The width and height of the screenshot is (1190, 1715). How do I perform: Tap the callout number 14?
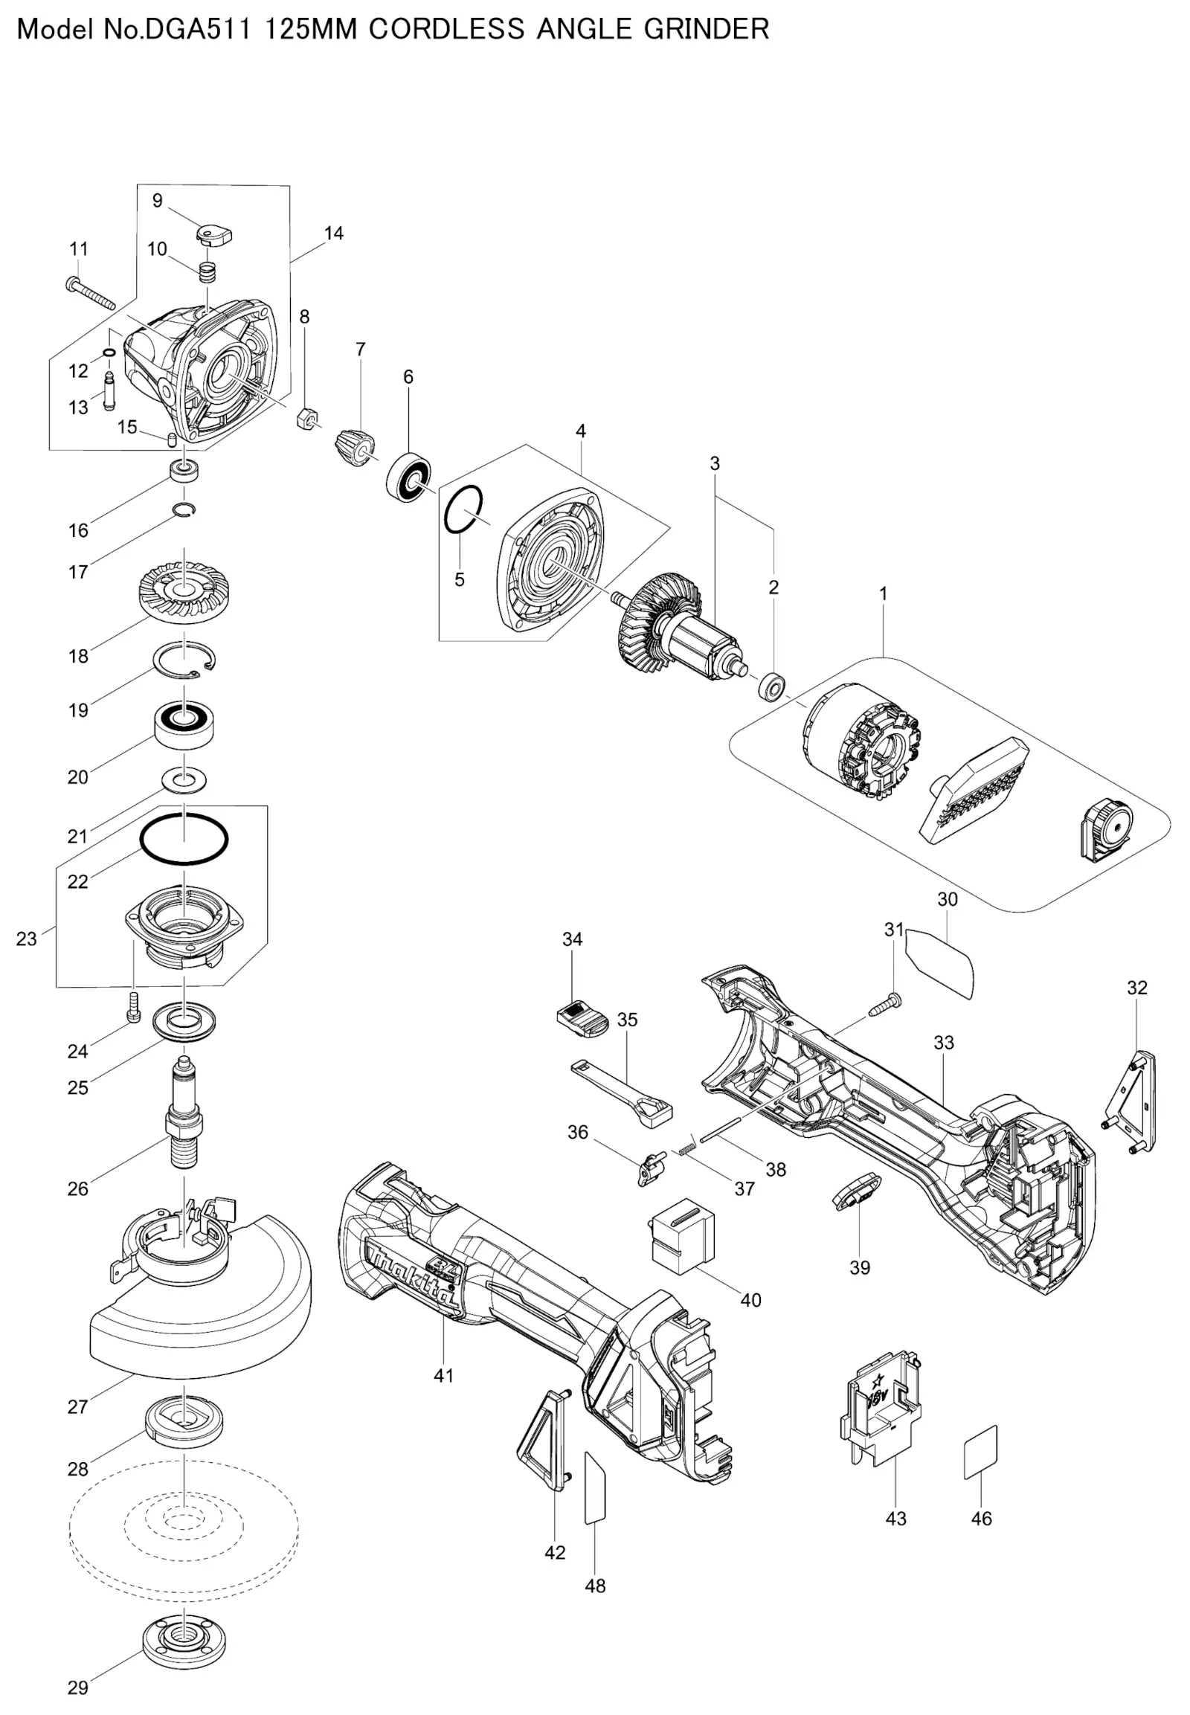click(334, 234)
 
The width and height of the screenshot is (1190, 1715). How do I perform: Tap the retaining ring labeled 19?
click(186, 659)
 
